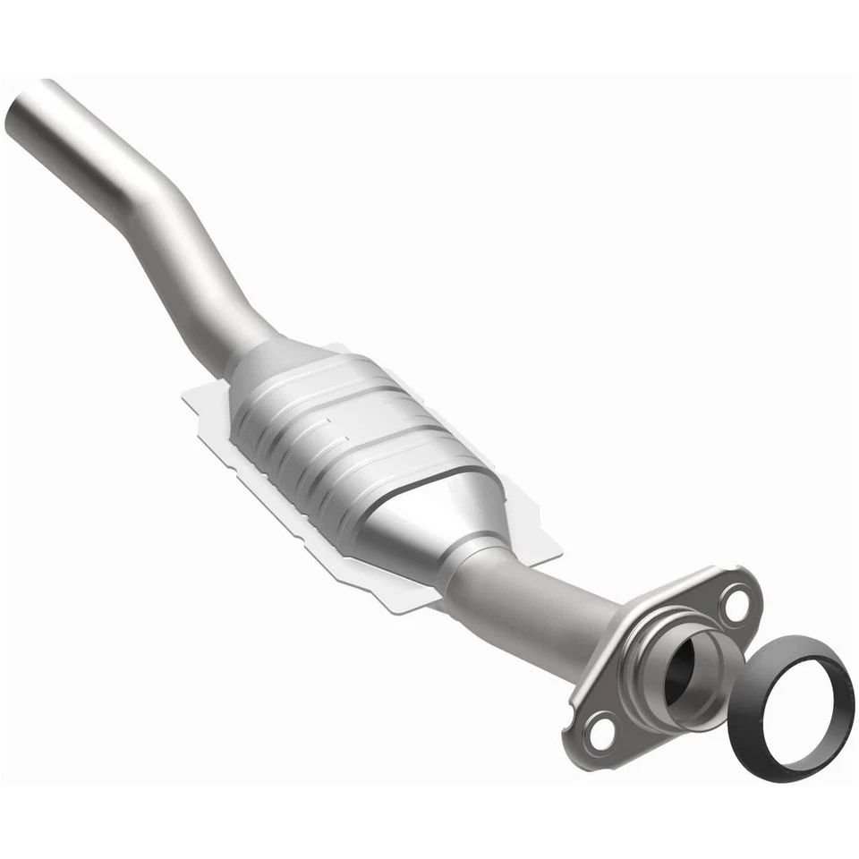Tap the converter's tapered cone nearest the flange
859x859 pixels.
(465, 510)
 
